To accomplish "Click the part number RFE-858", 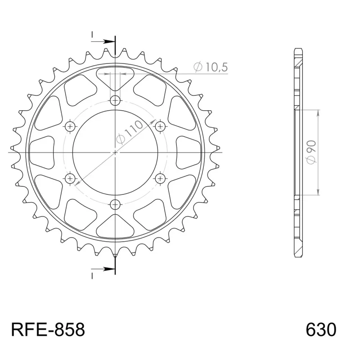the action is [x=48, y=330].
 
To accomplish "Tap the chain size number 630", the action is [x=321, y=330].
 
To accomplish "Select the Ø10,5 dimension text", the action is [x=210, y=67].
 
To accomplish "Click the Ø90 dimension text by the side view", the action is [x=311, y=153].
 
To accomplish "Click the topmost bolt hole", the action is [x=115, y=100].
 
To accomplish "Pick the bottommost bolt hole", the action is [x=115, y=205].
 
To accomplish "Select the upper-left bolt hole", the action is [x=70, y=126].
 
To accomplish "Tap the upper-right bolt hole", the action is [x=160, y=126].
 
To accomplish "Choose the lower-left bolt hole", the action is [x=70, y=178].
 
